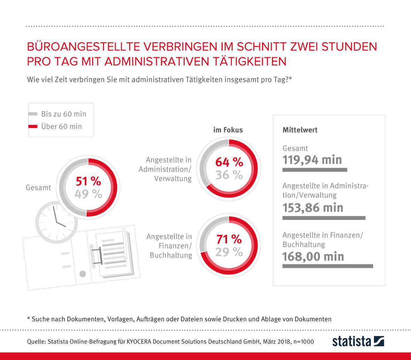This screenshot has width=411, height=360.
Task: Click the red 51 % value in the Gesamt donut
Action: tap(88, 182)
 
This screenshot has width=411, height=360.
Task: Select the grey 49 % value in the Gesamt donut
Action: tap(88, 194)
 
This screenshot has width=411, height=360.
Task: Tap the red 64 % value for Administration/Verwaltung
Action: tap(229, 162)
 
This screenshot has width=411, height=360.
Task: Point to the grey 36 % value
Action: tap(229, 175)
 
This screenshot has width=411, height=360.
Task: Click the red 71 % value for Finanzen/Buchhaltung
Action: tap(229, 239)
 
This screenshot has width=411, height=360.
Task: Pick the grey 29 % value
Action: tap(229, 252)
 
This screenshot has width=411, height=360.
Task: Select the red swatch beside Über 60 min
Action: tap(33, 127)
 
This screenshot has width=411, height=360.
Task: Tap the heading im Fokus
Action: tap(228, 130)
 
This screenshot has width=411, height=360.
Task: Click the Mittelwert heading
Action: tap(300, 130)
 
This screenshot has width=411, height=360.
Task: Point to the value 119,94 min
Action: tap(312, 160)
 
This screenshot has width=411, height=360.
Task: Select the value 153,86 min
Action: tap(313, 208)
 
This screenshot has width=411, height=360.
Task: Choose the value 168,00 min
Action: tap(313, 256)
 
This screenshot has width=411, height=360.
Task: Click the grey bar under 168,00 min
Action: tap(327, 266)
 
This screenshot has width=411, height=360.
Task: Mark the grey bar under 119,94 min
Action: tap(315, 170)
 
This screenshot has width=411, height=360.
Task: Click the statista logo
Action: tap(358, 341)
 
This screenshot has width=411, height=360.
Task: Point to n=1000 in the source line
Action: tap(303, 342)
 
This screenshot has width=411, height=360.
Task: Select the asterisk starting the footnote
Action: tap(28, 319)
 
